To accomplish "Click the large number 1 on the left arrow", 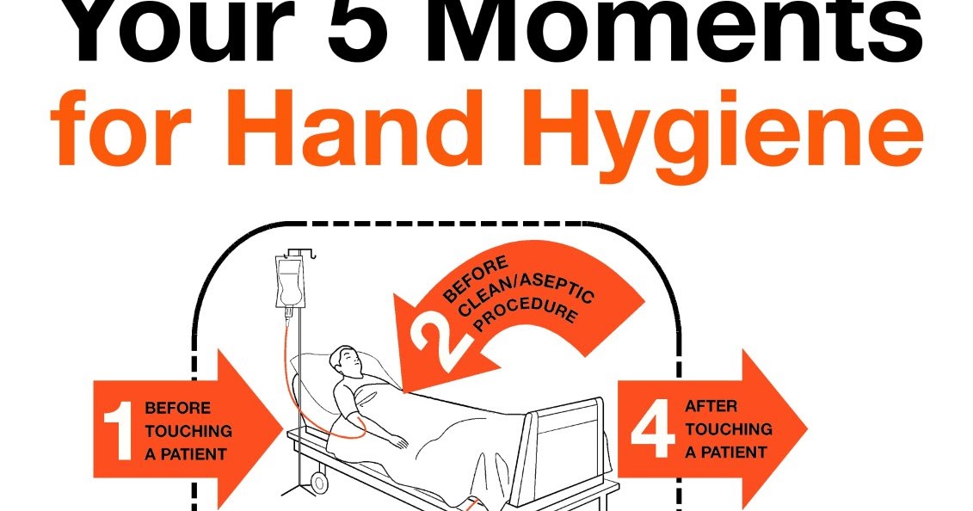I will (x=118, y=428).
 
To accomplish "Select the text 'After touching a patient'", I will (x=728, y=428).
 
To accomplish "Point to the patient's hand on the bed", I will (x=397, y=441).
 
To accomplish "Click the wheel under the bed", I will (x=317, y=477).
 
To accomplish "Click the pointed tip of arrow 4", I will (x=805, y=428).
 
